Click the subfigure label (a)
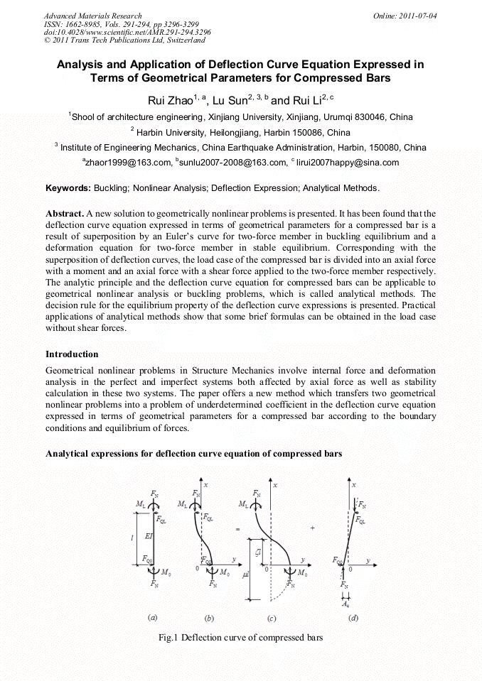pyautogui.click(x=152, y=618)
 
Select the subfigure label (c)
pyautogui.click(x=272, y=619)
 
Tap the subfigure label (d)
pyautogui.click(x=353, y=618)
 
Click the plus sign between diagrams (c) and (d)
pyautogui.click(x=312, y=528)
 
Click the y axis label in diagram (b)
pyautogui.click(x=233, y=560)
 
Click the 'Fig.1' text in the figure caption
pyautogui.click(x=169, y=638)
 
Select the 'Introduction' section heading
pyautogui.click(x=72, y=354)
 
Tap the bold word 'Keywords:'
pyautogui.click(x=68, y=188)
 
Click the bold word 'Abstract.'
pyautogui.click(x=65, y=213)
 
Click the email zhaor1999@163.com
pyautogui.click(x=130, y=163)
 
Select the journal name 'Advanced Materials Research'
pyautogui.click(x=92, y=16)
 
